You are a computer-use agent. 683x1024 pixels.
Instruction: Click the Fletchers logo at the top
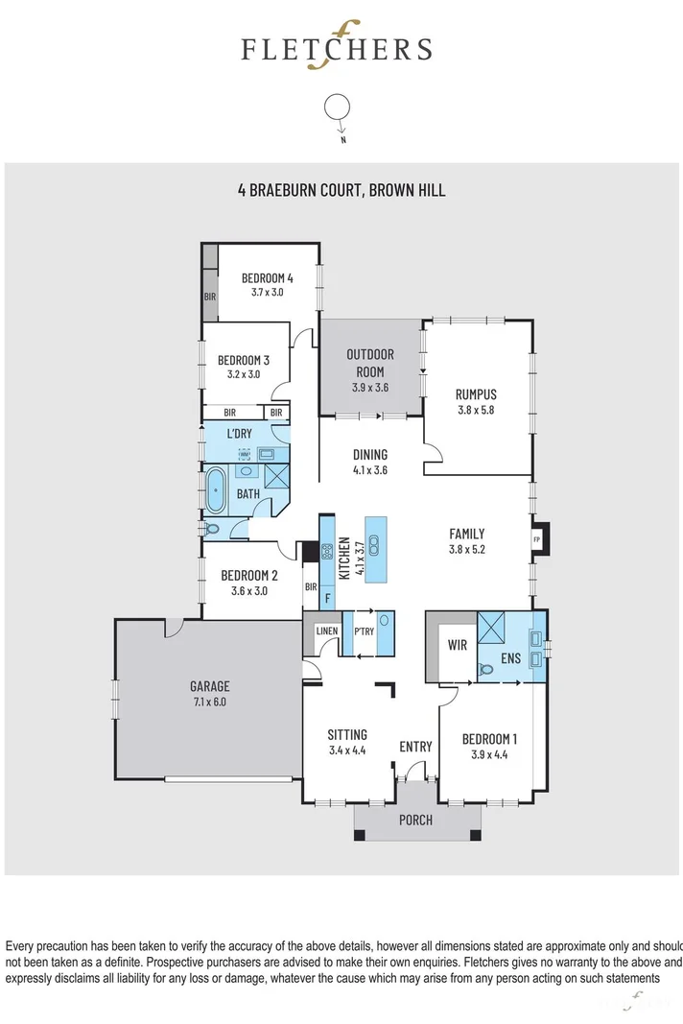(336, 49)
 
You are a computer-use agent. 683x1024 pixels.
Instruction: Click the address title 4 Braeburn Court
(341, 190)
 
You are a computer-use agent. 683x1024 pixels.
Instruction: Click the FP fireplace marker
(537, 539)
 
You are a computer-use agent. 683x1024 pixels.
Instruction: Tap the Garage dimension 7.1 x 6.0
(209, 702)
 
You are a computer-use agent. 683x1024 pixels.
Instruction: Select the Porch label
(415, 820)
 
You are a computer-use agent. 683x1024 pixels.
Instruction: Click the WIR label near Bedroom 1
(458, 645)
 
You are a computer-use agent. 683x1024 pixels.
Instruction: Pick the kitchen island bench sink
(375, 545)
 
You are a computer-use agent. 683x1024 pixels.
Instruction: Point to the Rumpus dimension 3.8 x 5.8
(476, 410)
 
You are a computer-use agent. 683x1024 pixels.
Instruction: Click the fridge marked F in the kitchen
(327, 597)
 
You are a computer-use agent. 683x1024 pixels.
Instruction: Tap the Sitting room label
(346, 734)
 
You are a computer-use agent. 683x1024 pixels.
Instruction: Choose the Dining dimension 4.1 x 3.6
(369, 470)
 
